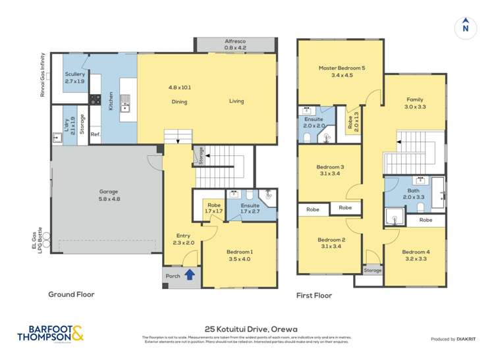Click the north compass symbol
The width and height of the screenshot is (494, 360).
(466, 26)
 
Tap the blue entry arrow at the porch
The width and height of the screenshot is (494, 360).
(190, 275)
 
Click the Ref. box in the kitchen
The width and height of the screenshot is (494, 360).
(95, 135)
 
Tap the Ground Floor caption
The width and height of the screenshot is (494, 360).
(71, 295)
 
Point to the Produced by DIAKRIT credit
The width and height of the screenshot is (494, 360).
(454, 339)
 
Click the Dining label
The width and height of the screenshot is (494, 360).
(179, 101)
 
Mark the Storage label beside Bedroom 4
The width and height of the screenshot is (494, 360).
(372, 270)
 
